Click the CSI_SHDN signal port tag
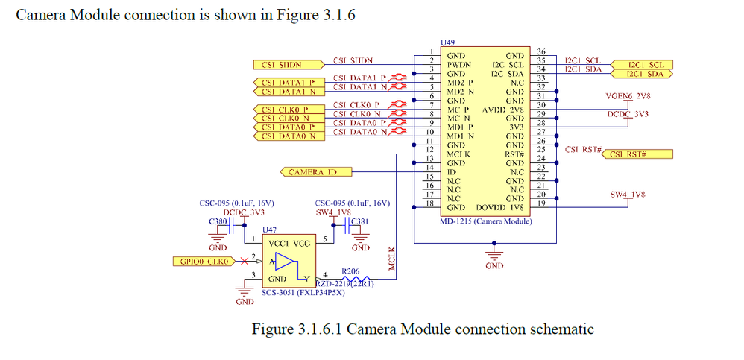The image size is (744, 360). click(x=280, y=64)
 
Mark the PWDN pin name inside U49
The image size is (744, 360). click(x=458, y=65)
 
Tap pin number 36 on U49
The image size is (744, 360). click(x=541, y=51)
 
